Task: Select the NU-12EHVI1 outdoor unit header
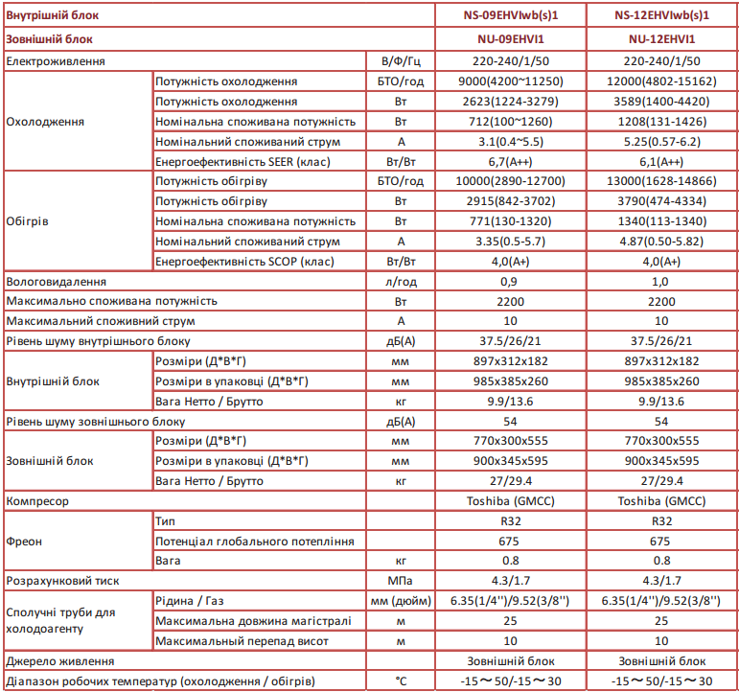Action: point(662,39)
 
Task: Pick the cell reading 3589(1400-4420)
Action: point(662,101)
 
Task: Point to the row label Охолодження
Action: point(45,121)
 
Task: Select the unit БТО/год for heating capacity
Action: point(401,181)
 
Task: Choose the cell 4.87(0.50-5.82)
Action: point(662,242)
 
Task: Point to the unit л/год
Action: point(401,282)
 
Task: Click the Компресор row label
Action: point(37,500)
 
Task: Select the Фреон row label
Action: point(24,541)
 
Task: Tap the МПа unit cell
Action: point(401,580)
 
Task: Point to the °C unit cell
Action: point(401,680)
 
